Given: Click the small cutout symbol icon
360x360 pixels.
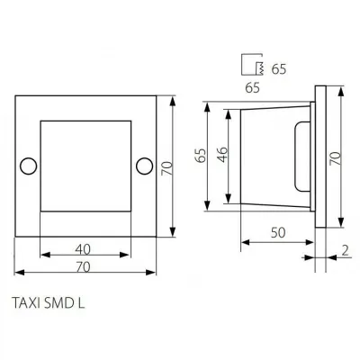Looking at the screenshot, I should [x=254, y=66].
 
